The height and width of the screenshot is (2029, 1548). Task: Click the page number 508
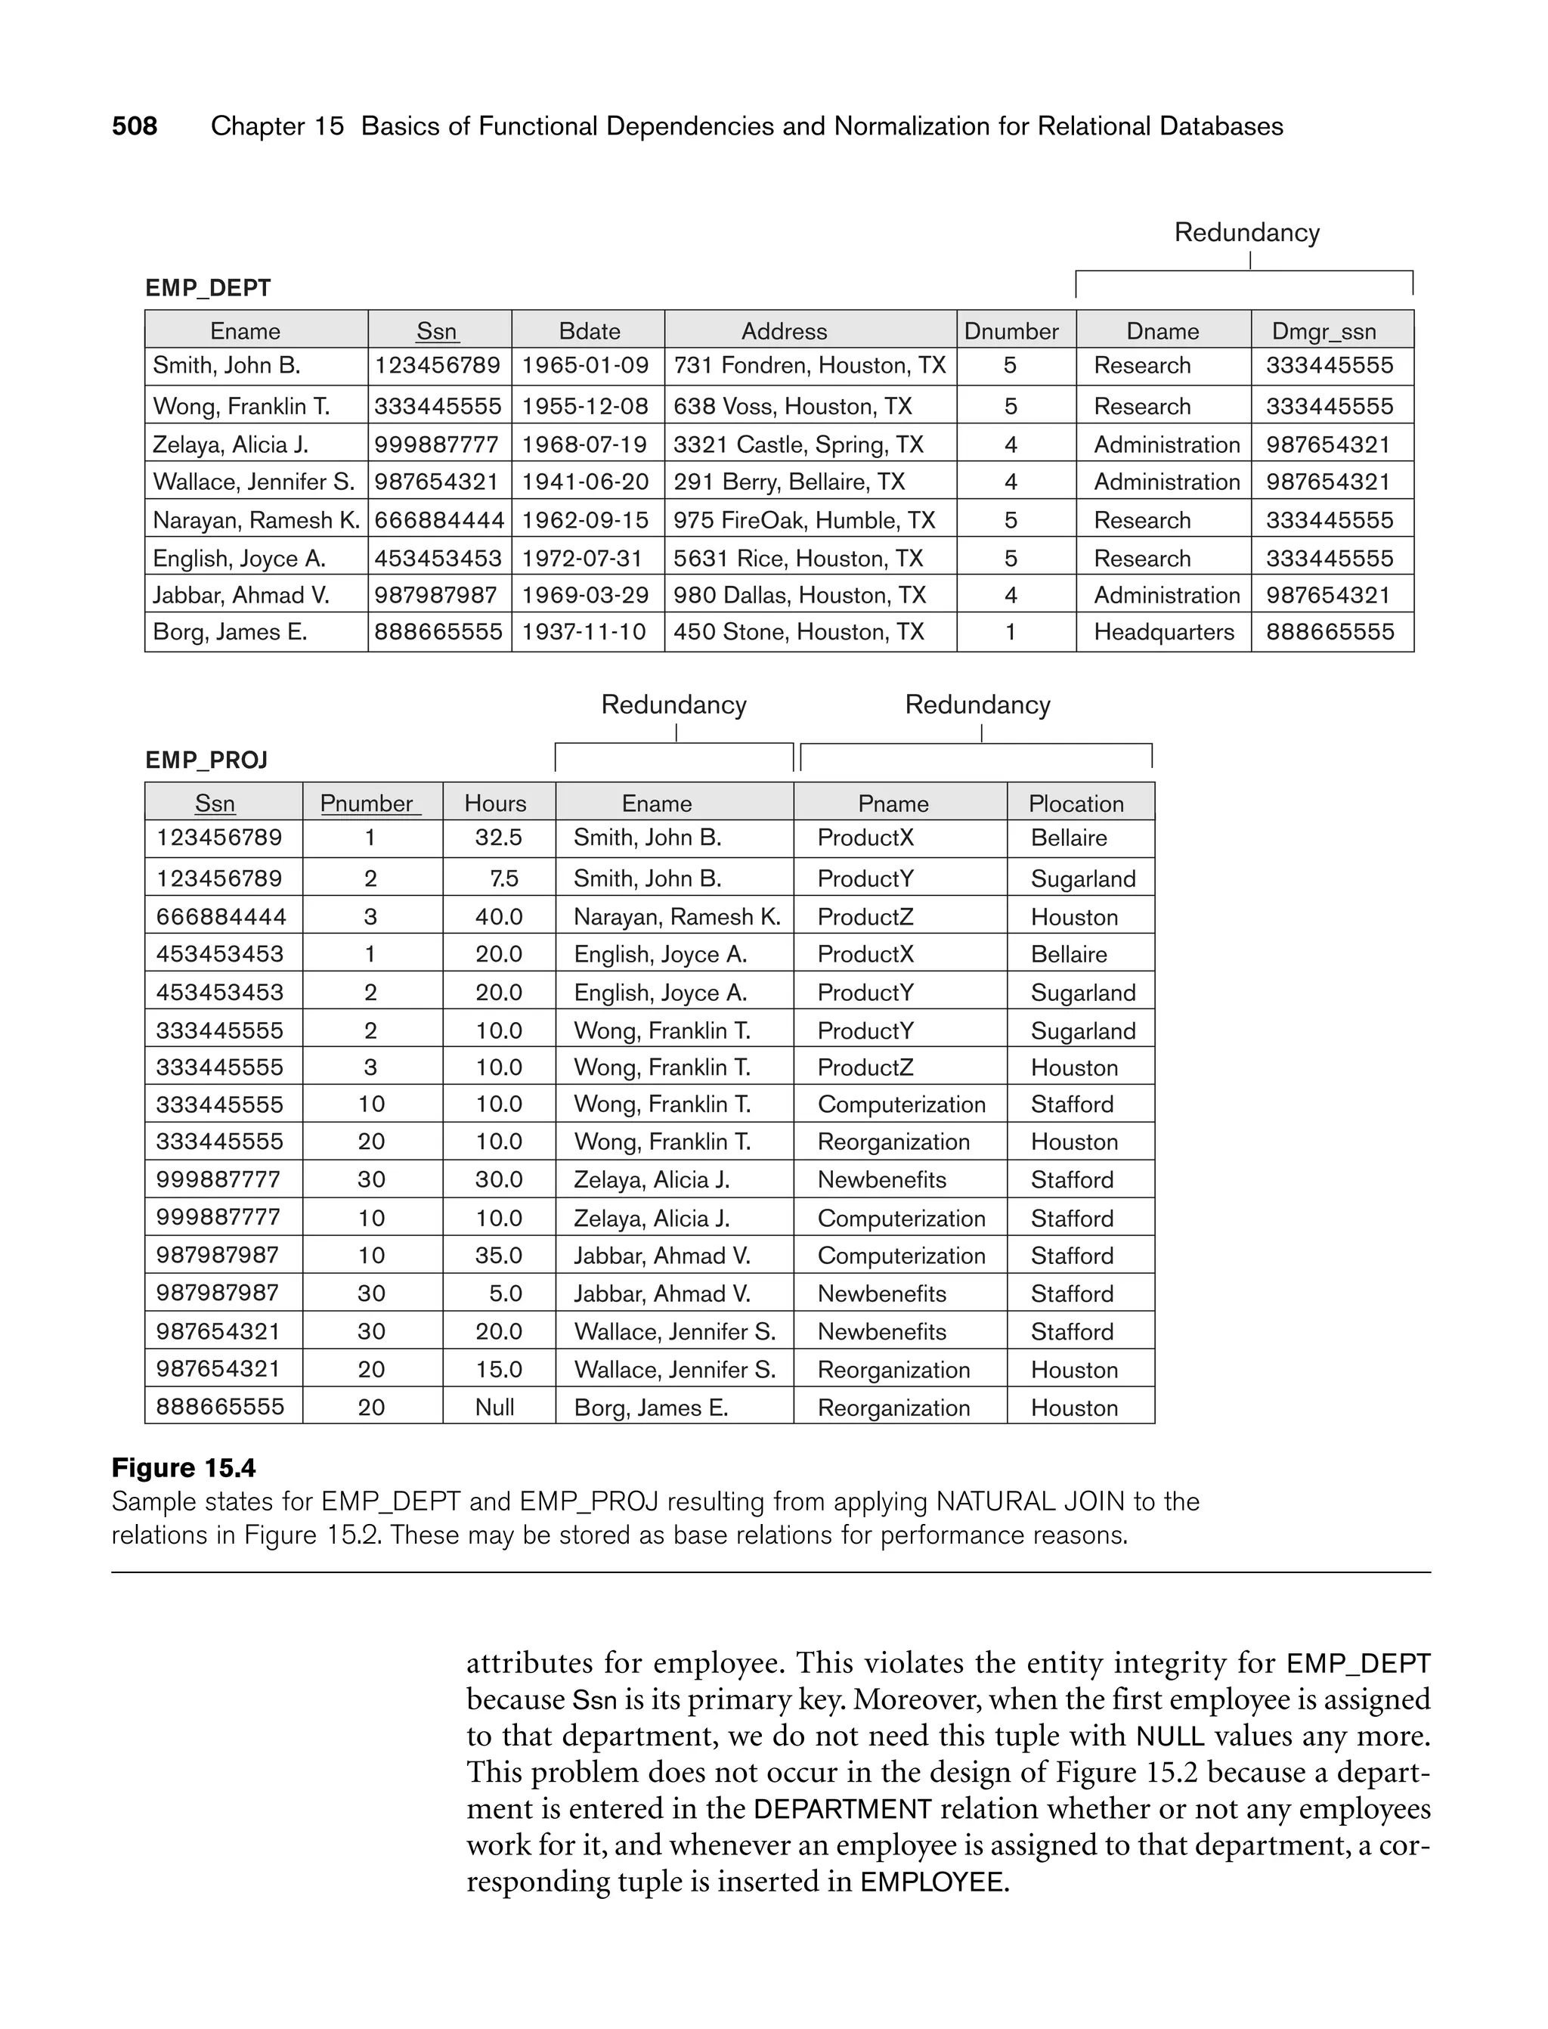[x=135, y=126]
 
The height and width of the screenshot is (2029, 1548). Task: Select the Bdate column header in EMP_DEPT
[x=590, y=331]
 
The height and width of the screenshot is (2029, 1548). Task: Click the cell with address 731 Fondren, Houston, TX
[x=809, y=366]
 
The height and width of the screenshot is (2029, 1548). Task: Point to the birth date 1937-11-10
[x=584, y=632]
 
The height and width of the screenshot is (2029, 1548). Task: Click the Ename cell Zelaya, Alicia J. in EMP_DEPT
[x=231, y=445]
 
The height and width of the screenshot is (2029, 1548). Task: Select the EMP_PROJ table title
[x=206, y=760]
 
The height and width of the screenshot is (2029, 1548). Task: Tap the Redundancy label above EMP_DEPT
[x=1246, y=232]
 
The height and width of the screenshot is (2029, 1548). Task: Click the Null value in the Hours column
[x=495, y=1407]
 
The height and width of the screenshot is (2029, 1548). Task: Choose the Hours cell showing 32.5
[x=499, y=838]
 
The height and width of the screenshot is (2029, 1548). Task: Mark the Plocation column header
[x=1076, y=804]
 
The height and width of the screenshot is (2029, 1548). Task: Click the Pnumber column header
[x=367, y=804]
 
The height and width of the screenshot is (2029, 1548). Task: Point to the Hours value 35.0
[x=499, y=1256]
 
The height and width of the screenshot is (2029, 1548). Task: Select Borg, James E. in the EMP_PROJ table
[x=651, y=1407]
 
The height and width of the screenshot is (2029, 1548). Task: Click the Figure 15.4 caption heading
[x=184, y=1468]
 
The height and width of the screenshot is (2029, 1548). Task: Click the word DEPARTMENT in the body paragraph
[x=842, y=1809]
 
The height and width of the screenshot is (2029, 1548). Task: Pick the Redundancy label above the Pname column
[x=977, y=705]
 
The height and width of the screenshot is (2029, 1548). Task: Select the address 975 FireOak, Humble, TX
[x=803, y=521]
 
